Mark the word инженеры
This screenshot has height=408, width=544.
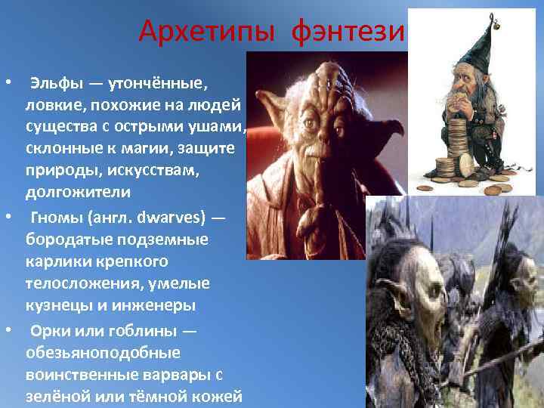[162, 305]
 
